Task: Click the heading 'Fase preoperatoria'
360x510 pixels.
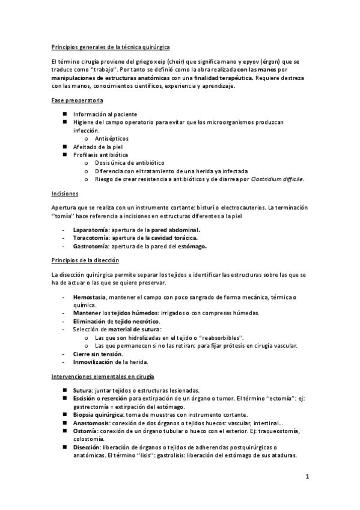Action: pos(77,100)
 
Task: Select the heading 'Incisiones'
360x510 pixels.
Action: pos(65,193)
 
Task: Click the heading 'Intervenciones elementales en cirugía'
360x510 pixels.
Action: pos(102,376)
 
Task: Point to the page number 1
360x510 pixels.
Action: pos(307,478)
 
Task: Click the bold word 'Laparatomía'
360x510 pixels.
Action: pos(91,230)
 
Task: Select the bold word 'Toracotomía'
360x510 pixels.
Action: pos(91,238)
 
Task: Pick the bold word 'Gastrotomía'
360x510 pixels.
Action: pos(91,247)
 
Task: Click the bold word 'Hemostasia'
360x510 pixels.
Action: pos(90,297)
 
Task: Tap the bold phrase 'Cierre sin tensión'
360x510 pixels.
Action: pos(97,354)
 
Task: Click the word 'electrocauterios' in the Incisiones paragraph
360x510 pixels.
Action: pos(243,207)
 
